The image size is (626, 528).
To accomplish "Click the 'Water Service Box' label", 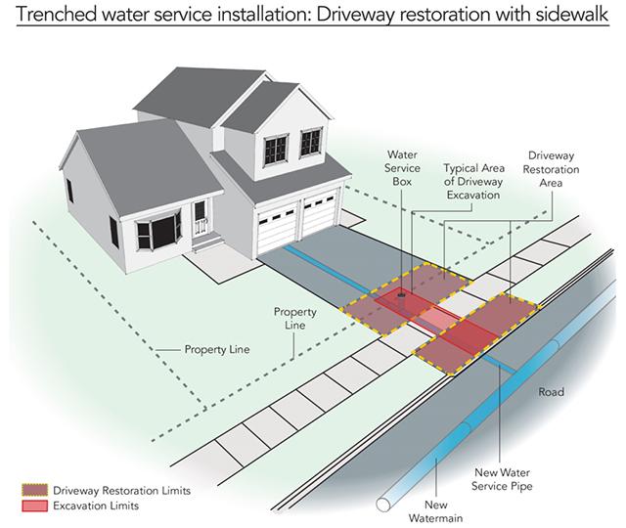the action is tap(402, 168).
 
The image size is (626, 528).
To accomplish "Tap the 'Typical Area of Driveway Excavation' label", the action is tap(473, 182).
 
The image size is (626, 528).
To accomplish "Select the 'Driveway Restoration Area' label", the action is tap(551, 169).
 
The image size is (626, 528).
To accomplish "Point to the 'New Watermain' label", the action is tap(435, 511).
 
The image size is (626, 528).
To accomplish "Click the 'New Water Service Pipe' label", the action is tap(502, 479).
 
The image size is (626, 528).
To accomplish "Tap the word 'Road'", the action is tap(551, 392).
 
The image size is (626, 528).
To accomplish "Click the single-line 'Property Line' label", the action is tap(217, 350).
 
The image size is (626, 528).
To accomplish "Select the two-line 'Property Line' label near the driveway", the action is tap(295, 319).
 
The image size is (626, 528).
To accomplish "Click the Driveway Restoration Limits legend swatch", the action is tap(35, 490).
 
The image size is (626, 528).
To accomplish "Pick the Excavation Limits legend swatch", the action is tap(35, 506).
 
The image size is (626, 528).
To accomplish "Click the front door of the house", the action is tap(200, 218).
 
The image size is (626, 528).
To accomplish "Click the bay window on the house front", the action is tap(158, 232).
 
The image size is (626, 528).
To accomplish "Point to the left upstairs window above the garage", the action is tap(276, 150).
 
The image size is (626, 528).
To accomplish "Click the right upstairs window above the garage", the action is tap(311, 142).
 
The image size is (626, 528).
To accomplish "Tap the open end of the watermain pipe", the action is tap(383, 505).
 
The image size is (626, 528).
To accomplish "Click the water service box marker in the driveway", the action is tap(401, 295).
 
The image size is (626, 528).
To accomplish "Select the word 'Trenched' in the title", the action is tap(56, 15).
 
